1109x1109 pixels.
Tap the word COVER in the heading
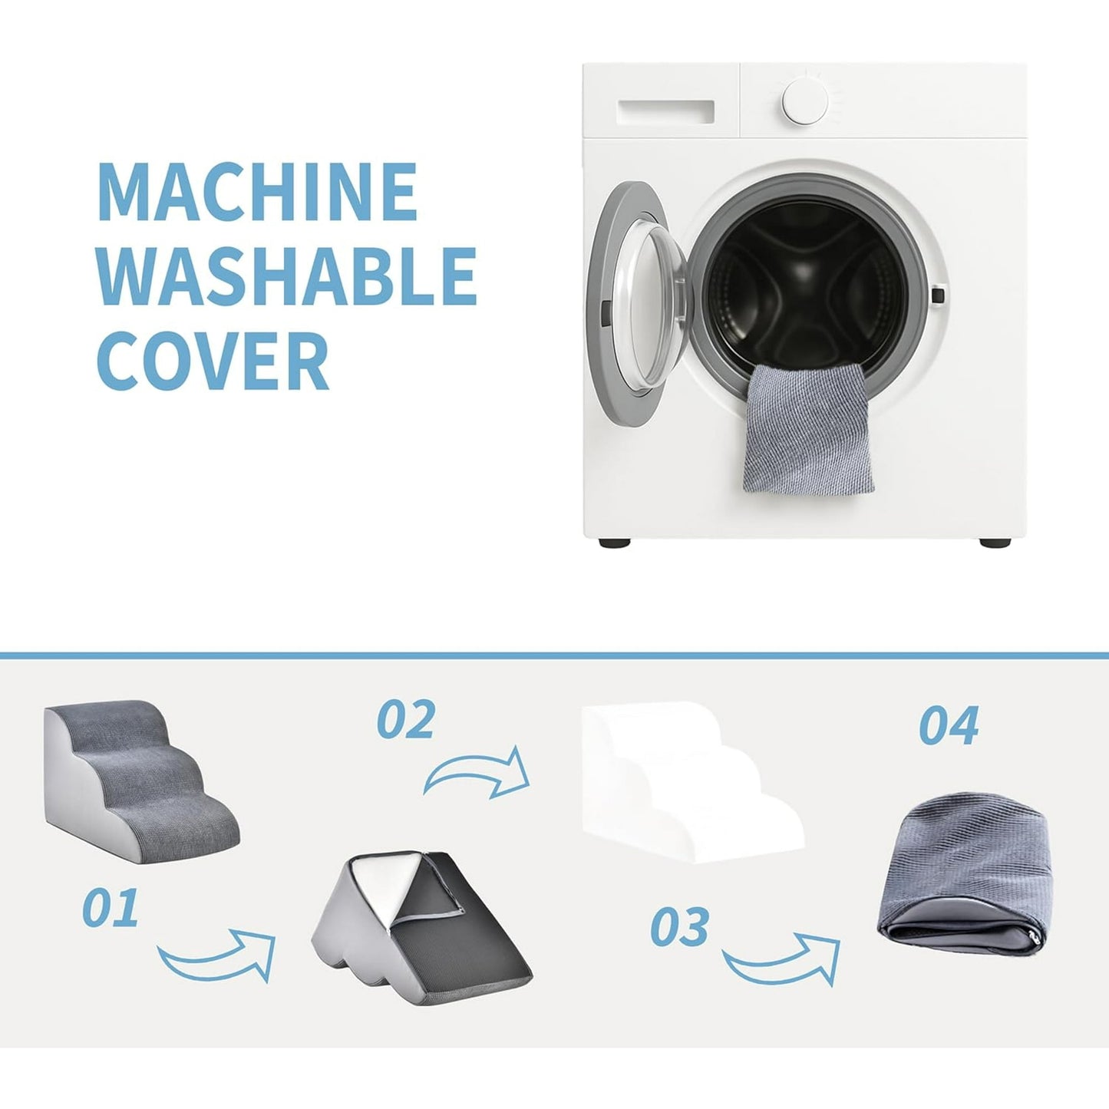pyautogui.click(x=213, y=361)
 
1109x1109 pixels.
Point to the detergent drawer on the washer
pyautogui.click(x=665, y=111)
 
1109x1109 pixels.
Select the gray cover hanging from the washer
pyautogui.click(x=808, y=427)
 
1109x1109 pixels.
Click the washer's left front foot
pyautogui.click(x=615, y=542)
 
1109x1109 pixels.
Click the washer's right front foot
pyautogui.click(x=995, y=542)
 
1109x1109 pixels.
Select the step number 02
pyautogui.click(x=406, y=720)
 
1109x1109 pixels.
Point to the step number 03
pyautogui.click(x=679, y=926)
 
